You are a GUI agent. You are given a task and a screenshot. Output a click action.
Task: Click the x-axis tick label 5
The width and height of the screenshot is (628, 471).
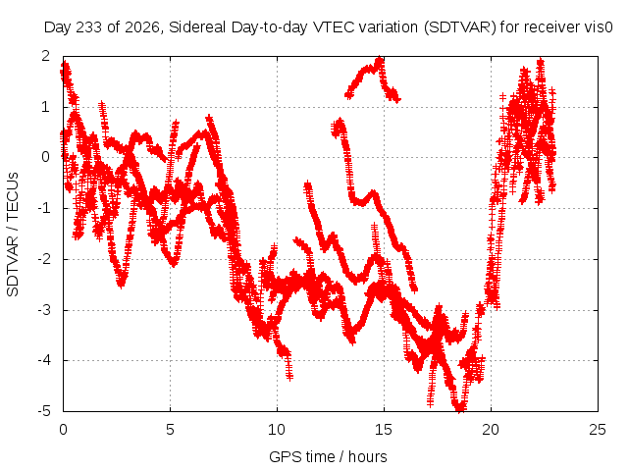click(x=170, y=430)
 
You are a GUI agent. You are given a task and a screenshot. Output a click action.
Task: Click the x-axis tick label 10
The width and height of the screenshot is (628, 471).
click(x=277, y=430)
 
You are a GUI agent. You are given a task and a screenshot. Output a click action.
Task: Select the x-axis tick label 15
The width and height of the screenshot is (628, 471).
click(x=384, y=430)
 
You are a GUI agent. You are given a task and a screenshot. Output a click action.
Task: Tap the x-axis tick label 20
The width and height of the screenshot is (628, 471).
click(x=491, y=430)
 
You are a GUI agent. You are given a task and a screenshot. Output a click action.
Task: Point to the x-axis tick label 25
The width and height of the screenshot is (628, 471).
click(x=598, y=430)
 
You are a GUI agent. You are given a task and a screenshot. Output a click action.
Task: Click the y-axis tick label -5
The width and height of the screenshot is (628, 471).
click(x=44, y=411)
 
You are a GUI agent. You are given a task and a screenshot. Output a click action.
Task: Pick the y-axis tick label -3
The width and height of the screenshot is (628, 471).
click(x=44, y=310)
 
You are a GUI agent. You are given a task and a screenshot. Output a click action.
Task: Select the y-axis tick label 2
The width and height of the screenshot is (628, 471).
click(x=46, y=56)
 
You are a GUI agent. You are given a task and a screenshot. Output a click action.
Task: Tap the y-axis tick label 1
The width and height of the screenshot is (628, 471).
click(x=46, y=107)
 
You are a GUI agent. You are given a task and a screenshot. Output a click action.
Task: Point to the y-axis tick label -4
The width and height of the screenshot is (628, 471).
click(x=44, y=360)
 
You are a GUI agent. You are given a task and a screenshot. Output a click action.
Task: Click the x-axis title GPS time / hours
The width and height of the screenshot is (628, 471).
click(x=328, y=456)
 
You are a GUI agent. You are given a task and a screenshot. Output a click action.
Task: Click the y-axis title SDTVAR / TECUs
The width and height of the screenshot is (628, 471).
click(x=13, y=235)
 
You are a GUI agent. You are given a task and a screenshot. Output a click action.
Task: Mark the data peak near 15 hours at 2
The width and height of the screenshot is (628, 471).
click(x=380, y=60)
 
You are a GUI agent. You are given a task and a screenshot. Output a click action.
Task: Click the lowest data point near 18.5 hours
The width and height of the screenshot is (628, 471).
click(x=460, y=408)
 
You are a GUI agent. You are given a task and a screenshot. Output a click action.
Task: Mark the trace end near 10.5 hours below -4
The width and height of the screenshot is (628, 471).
click(x=289, y=377)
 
